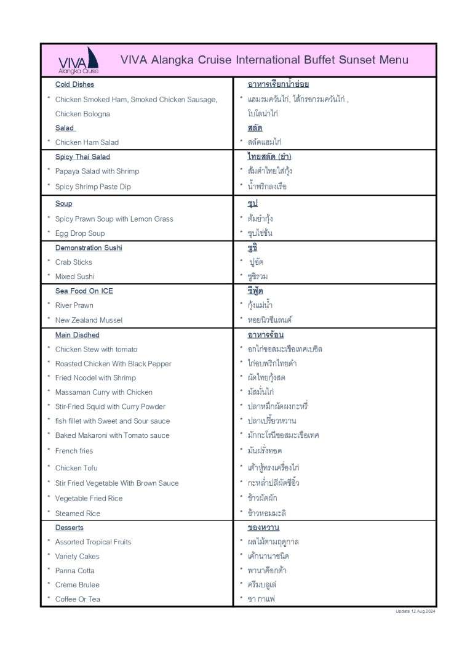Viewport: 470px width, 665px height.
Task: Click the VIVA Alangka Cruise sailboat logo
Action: [x=79, y=60]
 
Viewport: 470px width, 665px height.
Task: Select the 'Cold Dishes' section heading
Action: [x=74, y=84]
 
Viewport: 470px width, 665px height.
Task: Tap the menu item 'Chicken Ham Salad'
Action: [x=87, y=142]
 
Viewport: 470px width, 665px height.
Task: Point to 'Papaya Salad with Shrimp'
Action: [x=97, y=171]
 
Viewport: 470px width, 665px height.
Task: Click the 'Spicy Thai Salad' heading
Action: [x=82, y=157]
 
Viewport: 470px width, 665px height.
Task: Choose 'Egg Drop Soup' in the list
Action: [x=80, y=233]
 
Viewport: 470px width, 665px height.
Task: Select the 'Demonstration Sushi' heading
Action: [x=89, y=248]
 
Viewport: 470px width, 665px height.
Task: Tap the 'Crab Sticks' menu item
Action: [x=74, y=262]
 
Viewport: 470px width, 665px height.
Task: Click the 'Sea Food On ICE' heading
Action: [x=84, y=291]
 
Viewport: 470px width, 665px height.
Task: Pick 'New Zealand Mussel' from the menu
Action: [x=89, y=320]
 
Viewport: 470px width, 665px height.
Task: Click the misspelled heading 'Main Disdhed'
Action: [x=77, y=335]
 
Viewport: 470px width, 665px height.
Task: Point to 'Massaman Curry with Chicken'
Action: [x=104, y=392]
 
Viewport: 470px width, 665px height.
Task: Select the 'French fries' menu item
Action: [x=74, y=451]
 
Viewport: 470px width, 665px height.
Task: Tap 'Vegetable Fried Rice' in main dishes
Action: [x=89, y=498]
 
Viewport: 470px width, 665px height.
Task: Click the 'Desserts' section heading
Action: [x=70, y=528]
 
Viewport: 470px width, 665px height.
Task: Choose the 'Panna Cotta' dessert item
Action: [x=76, y=571]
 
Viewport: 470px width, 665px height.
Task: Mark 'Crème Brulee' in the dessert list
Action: [x=77, y=585]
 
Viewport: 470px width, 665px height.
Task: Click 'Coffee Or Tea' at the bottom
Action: [x=78, y=599]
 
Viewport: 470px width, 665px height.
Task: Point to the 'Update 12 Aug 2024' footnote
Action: [x=415, y=611]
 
